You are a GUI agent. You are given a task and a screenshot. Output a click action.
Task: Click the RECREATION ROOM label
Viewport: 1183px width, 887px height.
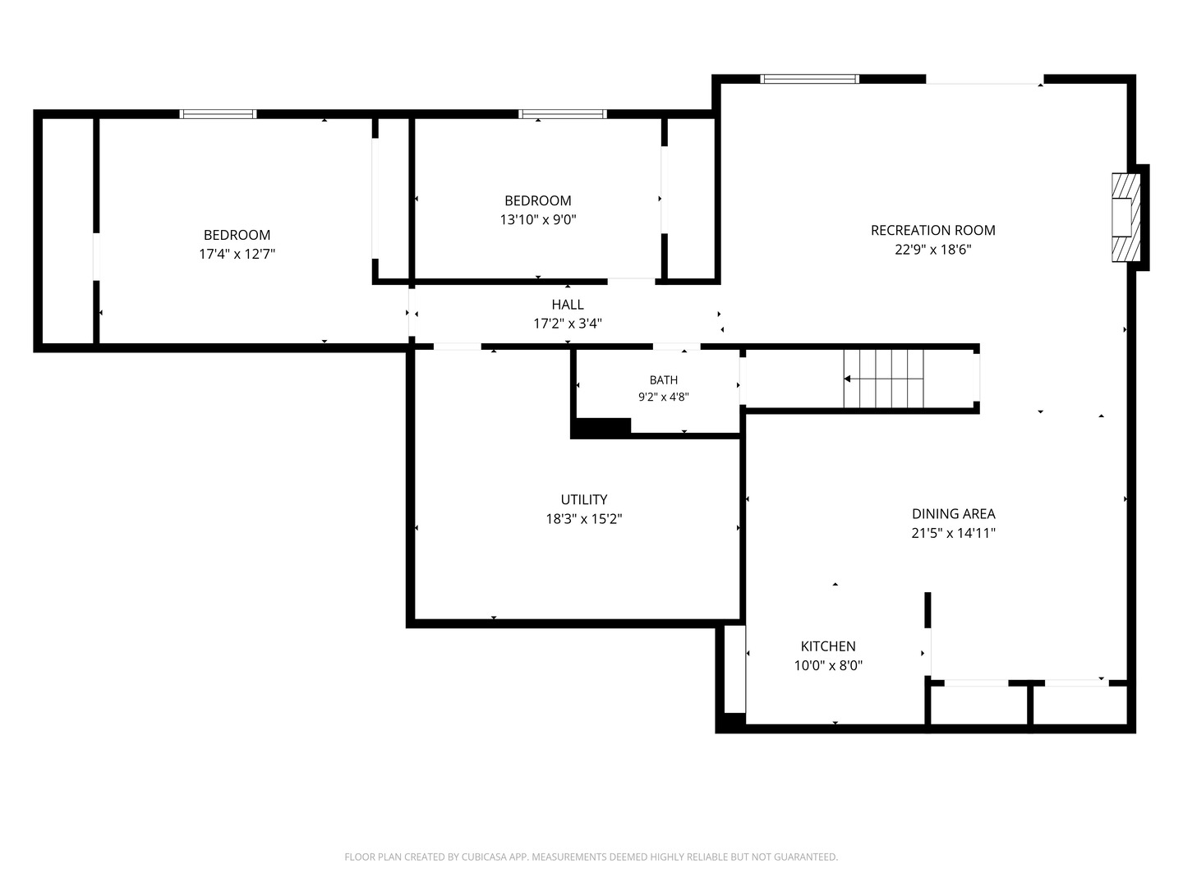point(933,231)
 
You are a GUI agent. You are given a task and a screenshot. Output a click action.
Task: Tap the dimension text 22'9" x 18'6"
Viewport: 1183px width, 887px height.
point(933,250)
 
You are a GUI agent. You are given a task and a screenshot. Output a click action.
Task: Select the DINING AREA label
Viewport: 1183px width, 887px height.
point(954,514)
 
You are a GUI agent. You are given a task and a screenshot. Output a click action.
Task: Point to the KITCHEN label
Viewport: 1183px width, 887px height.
point(828,646)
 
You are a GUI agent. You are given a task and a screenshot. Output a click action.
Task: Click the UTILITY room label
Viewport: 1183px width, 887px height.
point(583,499)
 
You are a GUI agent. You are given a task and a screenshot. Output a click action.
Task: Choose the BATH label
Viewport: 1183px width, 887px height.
point(664,380)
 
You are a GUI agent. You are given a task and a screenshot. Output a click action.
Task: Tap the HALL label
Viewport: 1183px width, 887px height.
point(568,305)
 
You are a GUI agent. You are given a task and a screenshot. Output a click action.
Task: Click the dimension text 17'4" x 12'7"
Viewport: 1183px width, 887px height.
point(237,255)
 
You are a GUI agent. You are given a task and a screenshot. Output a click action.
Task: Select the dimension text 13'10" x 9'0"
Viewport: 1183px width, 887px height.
point(538,220)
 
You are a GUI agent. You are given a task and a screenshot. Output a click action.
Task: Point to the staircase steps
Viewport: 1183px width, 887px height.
point(883,379)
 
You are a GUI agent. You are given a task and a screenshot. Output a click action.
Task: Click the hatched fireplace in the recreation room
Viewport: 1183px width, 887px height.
point(1125,218)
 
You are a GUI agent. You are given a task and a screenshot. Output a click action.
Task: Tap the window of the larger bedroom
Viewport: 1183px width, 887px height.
point(218,114)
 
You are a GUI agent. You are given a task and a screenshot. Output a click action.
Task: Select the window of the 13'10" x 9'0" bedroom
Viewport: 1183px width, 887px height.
point(562,114)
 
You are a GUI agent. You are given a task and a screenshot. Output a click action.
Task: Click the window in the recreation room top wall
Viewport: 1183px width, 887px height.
point(809,79)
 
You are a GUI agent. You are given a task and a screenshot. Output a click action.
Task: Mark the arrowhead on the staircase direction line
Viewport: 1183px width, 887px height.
point(847,379)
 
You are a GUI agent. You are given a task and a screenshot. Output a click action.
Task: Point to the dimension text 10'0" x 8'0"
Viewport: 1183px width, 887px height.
point(828,665)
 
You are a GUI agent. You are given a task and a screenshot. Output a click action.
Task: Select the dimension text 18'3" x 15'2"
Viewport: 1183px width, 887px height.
point(583,519)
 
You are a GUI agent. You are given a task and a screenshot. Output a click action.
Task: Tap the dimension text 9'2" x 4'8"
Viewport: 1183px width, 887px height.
point(664,398)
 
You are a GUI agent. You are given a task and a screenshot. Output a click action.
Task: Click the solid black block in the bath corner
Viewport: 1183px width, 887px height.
point(601,428)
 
